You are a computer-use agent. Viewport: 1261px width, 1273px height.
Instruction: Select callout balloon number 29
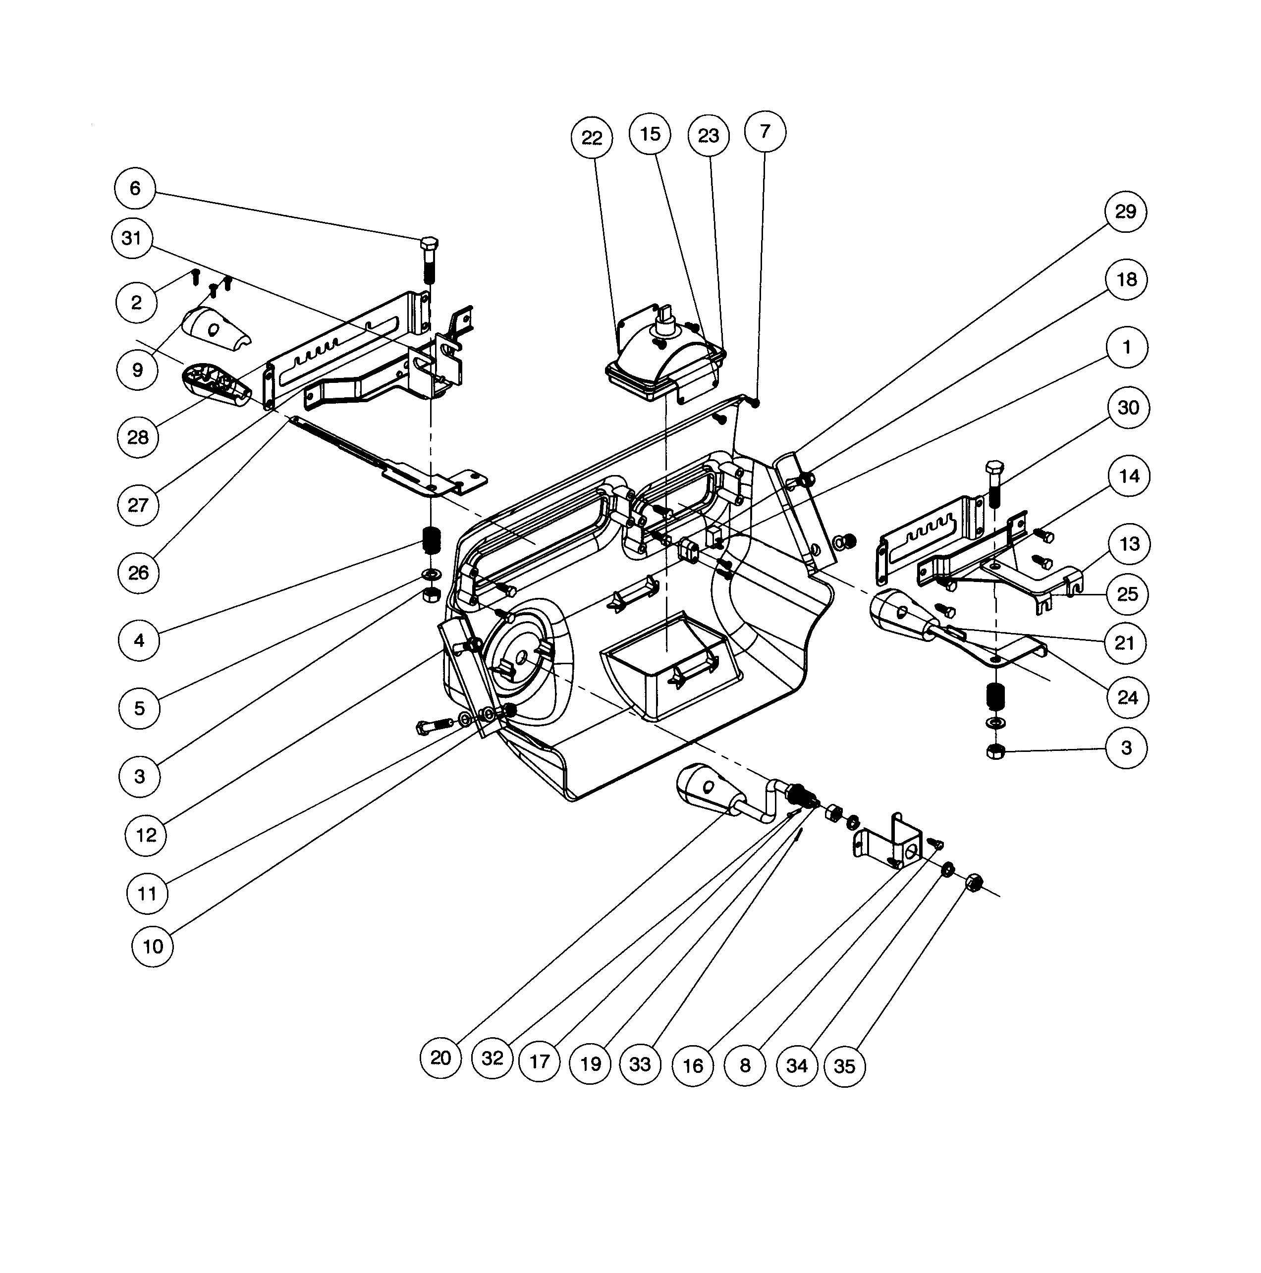pyautogui.click(x=1125, y=212)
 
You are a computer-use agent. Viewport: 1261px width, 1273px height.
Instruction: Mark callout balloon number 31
pyautogui.click(x=132, y=238)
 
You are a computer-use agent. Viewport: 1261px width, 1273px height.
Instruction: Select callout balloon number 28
pyautogui.click(x=138, y=437)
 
